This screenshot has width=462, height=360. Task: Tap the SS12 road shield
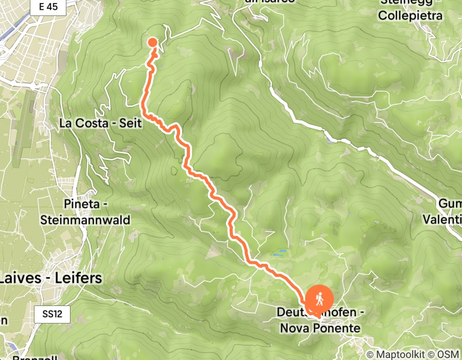click(52, 314)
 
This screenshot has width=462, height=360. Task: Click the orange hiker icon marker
click(319, 299)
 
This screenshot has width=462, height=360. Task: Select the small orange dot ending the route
click(153, 43)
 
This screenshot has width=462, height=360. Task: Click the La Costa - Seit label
click(100, 123)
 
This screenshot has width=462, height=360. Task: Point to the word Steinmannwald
click(85, 220)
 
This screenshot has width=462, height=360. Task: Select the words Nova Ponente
click(319, 328)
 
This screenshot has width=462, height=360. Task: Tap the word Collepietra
click(410, 15)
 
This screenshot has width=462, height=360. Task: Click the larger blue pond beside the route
click(280, 254)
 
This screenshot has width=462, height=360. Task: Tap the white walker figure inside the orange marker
click(319, 298)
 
